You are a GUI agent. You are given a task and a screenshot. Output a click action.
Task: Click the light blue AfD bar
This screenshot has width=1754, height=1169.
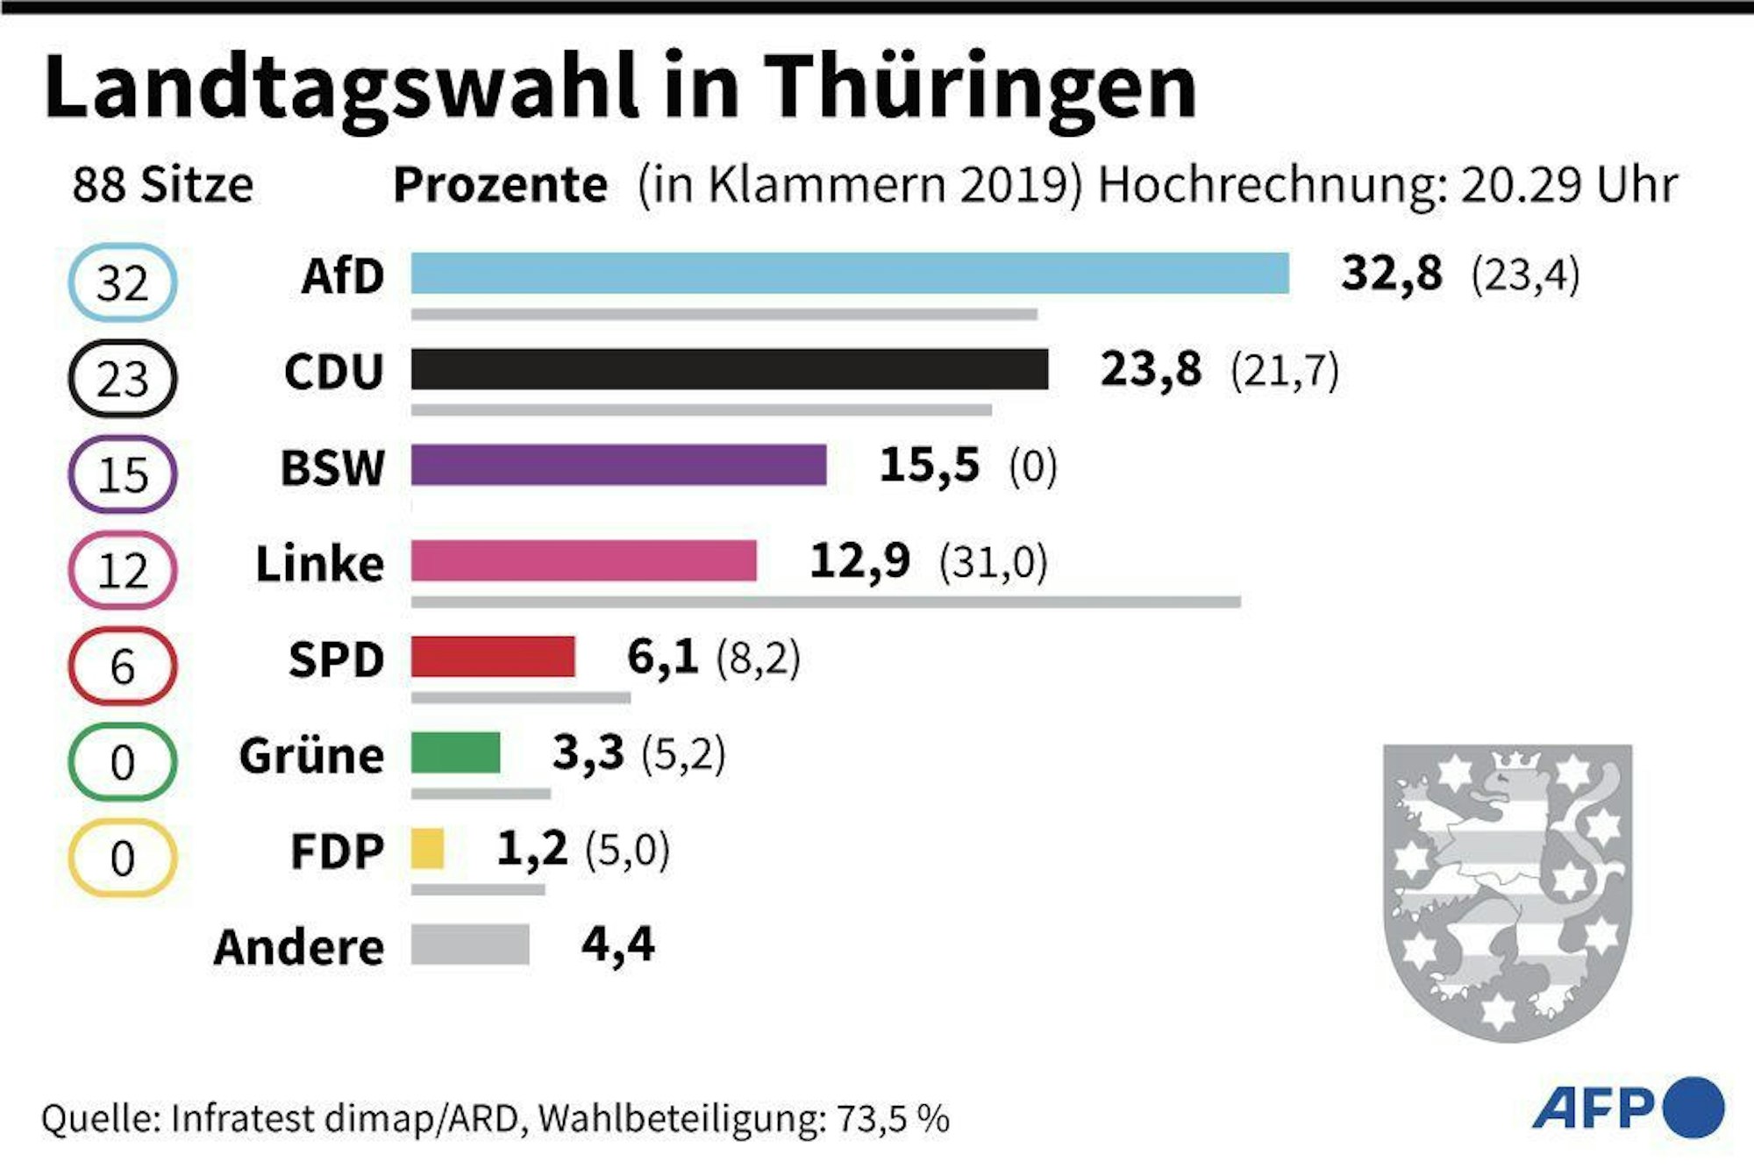[849, 273]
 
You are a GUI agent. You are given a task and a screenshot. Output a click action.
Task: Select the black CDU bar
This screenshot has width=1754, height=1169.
[729, 368]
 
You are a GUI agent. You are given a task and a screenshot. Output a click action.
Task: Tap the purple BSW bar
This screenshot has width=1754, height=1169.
[618, 465]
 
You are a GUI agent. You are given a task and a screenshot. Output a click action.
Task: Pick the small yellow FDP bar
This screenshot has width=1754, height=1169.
[427, 849]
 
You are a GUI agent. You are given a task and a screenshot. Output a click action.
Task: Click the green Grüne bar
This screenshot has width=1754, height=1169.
[455, 753]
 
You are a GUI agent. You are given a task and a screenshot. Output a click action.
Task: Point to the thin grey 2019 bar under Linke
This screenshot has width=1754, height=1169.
[824, 602]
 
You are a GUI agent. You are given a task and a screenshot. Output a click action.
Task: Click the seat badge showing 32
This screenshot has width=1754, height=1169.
[123, 283]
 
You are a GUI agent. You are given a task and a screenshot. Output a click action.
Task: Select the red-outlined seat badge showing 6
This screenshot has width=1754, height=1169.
[123, 666]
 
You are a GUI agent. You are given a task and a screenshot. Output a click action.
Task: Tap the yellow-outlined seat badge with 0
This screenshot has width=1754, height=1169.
[123, 858]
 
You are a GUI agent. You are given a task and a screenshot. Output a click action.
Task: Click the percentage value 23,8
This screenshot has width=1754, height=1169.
[1151, 369]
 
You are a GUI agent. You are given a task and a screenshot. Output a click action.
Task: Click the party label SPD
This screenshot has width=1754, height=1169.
[336, 659]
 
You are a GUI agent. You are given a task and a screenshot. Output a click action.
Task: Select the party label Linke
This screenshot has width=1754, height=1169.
[319, 563]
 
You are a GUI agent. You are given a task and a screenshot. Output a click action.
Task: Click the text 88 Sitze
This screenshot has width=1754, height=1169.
[163, 185]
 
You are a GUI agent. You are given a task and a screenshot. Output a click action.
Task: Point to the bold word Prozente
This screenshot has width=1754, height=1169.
[500, 185]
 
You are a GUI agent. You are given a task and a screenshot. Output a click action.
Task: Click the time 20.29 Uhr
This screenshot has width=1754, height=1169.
[1569, 185]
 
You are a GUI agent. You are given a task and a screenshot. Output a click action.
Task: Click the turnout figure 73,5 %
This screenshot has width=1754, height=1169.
[892, 1119]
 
